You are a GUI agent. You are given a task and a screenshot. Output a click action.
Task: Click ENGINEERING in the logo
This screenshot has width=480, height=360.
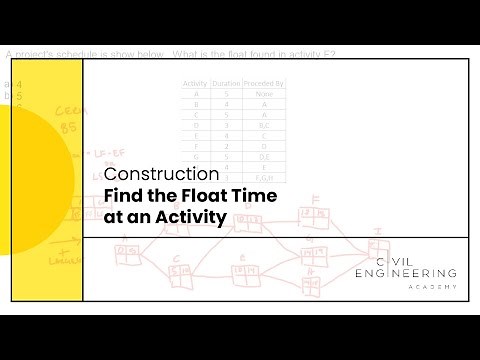pyautogui.click(x=406, y=273)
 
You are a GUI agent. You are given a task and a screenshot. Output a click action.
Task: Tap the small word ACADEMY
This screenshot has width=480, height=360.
pyautogui.click(x=433, y=286)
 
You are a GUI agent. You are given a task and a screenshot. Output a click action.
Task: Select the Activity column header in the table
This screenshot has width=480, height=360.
pyautogui.click(x=194, y=85)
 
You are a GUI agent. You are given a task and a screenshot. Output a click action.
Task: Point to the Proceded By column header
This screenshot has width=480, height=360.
pyautogui.click(x=265, y=85)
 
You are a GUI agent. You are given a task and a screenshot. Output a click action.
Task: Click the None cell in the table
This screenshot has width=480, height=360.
pyautogui.click(x=265, y=96)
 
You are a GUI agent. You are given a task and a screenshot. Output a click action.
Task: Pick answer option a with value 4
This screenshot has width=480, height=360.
pyautogui.click(x=12, y=84)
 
